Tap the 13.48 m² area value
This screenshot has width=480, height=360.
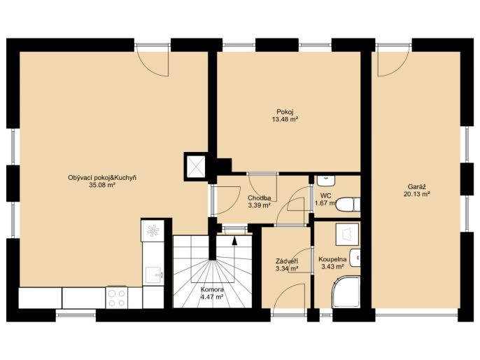tap(285, 119)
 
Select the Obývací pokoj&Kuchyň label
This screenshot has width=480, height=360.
tap(102, 178)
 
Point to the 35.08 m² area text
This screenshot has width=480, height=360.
tap(102, 185)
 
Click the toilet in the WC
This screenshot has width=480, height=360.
tap(348, 205)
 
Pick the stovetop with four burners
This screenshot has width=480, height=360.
tap(117, 298)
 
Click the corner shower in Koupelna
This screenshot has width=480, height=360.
tap(346, 291)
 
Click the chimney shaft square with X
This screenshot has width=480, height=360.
tap(196, 167)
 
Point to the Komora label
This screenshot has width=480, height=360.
tap(212, 289)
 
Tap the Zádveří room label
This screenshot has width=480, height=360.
tap(287, 261)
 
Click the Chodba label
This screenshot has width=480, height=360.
tap(260, 198)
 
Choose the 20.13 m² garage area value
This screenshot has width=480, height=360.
tap(417, 194)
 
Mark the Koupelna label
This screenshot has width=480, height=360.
tap(332, 260)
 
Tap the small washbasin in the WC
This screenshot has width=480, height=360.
tap(326, 181)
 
